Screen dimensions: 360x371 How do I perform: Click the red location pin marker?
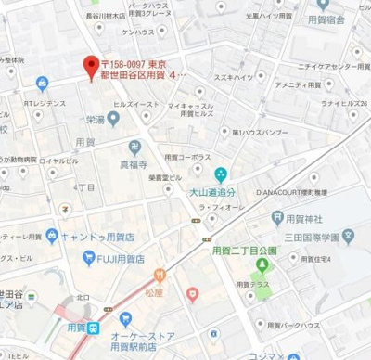pos(91,67)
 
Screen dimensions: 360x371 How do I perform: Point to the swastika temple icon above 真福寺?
pos(135,148)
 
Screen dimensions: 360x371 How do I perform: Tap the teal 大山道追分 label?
pos(221,193)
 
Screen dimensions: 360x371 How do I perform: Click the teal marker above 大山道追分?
pos(221,174)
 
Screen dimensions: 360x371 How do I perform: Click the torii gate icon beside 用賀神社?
pos(277,217)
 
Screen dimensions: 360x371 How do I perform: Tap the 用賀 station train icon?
pos(94,328)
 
